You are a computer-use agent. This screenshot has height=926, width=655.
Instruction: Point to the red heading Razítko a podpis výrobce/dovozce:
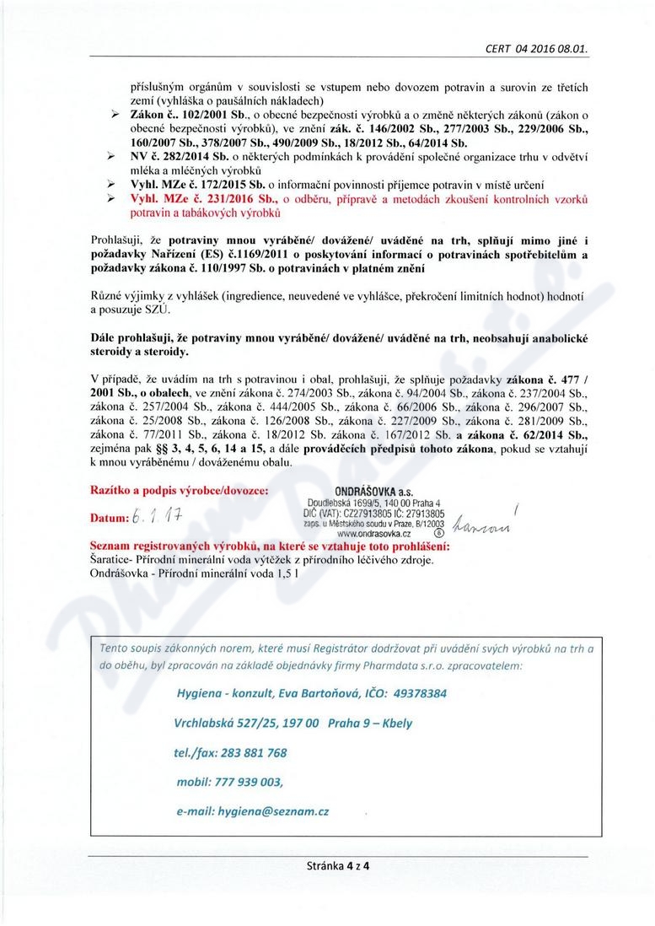[x=180, y=490]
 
